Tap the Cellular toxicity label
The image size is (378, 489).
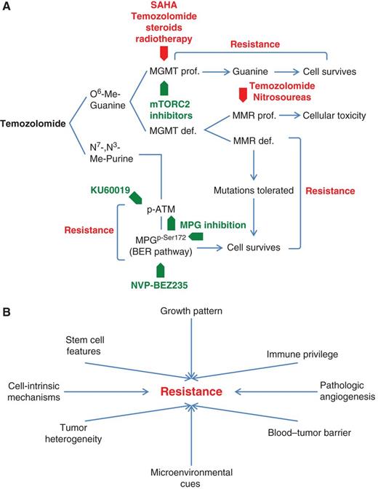pyautogui.click(x=329, y=115)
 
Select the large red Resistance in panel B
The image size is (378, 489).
pyautogui.click(x=191, y=392)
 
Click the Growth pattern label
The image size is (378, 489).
pyautogui.click(x=191, y=312)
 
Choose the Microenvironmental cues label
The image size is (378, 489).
pyautogui.click(x=191, y=477)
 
